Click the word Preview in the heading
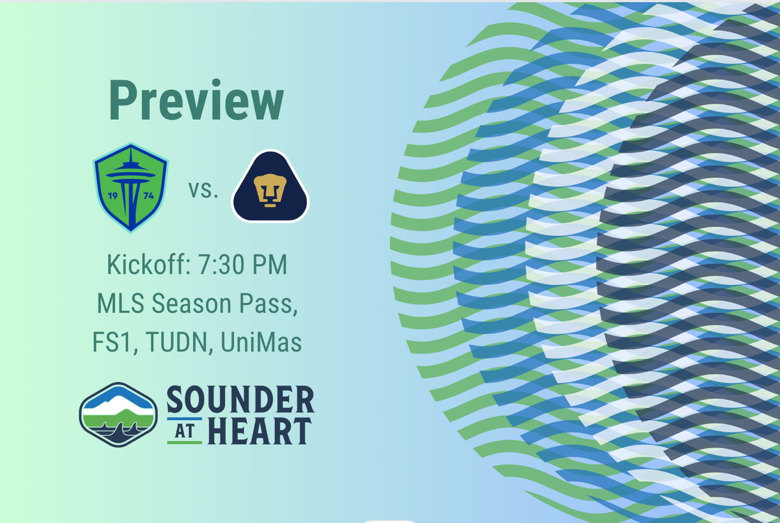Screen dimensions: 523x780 197,101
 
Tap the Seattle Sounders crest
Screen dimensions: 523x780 130,187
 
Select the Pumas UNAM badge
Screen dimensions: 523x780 270,187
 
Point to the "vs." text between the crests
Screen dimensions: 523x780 203,191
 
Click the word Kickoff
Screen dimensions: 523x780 144,267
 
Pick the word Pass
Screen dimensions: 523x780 273,304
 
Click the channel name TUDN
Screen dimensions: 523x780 176,343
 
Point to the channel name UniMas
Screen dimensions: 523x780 261,343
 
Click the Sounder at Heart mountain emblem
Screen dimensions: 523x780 118,414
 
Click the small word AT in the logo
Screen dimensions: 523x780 185,431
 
